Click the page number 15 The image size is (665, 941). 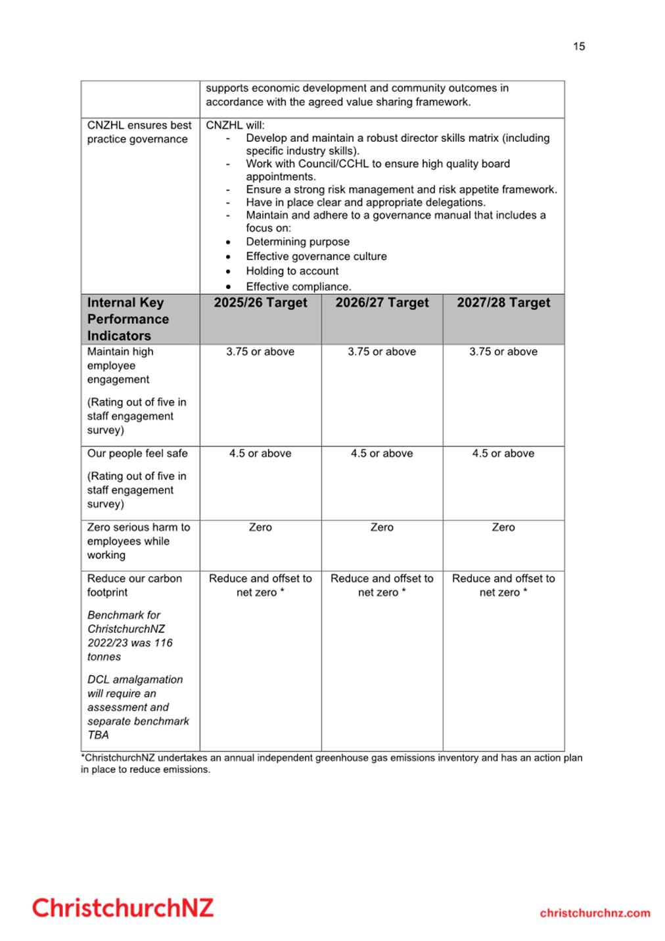(578, 46)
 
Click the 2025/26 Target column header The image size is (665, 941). (260, 303)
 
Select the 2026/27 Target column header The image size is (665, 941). (382, 303)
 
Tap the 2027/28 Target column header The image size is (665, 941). (503, 303)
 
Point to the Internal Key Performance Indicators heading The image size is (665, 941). (128, 319)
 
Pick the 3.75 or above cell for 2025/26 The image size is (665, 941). (260, 352)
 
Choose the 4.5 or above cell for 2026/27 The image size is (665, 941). (382, 454)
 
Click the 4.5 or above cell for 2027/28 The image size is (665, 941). (503, 454)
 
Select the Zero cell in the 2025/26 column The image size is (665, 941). (260, 527)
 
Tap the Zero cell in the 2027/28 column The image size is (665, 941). (503, 527)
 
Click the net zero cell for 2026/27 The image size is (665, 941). (382, 585)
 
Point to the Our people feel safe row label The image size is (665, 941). (137, 454)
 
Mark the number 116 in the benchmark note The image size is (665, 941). (164, 643)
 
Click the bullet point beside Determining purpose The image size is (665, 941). (228, 242)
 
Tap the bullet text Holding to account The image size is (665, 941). (292, 271)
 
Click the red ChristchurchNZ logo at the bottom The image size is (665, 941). (123, 908)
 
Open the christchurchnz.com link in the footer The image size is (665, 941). (595, 913)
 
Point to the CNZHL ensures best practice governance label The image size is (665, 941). (139, 132)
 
